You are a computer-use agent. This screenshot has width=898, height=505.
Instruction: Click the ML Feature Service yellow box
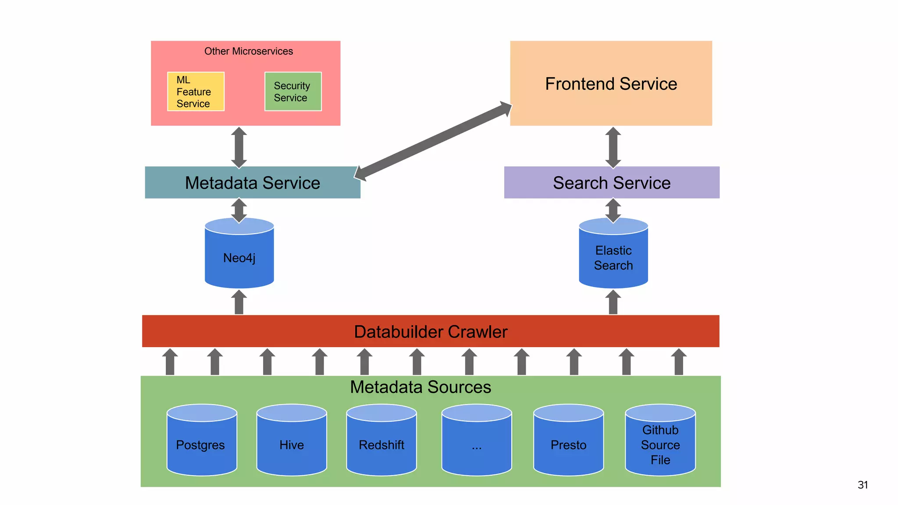196,92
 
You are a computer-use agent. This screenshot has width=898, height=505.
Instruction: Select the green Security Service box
293,92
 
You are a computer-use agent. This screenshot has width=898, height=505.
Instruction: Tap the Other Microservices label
248,51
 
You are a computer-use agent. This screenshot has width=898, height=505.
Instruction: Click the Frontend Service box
611,83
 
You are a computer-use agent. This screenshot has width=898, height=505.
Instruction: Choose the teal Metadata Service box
252,183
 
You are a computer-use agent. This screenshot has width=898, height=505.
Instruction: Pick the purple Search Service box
611,183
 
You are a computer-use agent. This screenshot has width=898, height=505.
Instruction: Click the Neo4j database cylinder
239,257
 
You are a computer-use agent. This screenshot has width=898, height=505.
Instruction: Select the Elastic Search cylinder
613,257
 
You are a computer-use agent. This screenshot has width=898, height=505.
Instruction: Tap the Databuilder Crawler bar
430,331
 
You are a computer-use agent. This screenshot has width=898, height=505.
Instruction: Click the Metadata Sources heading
420,387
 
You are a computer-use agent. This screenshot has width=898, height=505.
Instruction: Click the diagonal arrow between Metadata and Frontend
433,141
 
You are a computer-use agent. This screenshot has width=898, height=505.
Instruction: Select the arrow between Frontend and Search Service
613,147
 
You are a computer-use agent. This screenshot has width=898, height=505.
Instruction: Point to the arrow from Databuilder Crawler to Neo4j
239,302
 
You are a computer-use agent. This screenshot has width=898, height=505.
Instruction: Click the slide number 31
862,485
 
